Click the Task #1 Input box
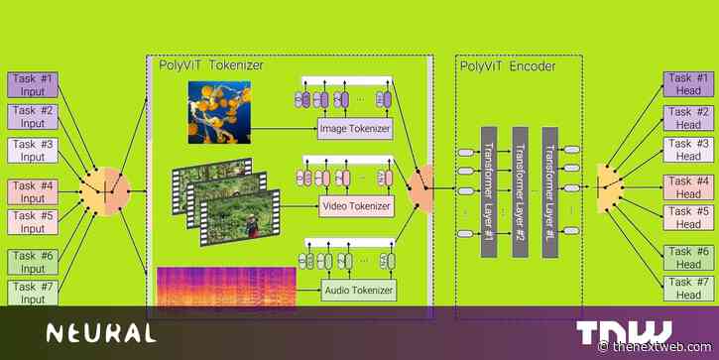[37, 84]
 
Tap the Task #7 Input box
[37, 293]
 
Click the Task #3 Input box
[37, 150]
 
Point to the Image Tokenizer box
[355, 128]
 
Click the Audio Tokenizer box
[358, 291]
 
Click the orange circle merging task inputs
[107, 188]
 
